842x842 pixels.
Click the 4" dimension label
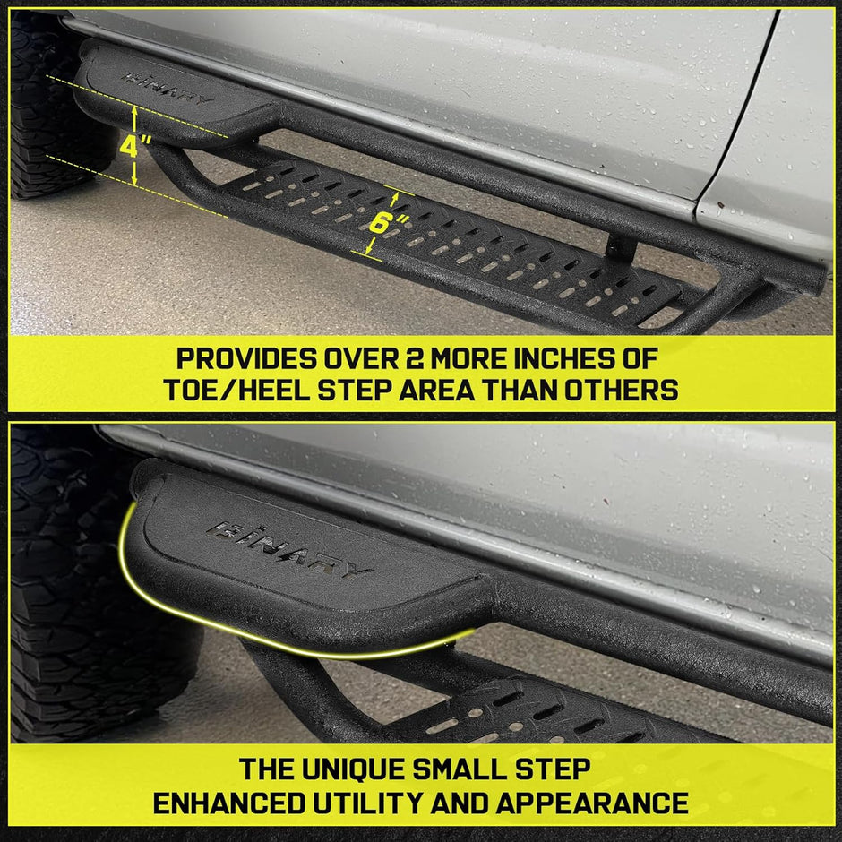[x=131, y=145]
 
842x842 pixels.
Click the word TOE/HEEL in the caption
[x=232, y=391]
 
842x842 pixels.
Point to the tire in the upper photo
[x=45, y=107]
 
